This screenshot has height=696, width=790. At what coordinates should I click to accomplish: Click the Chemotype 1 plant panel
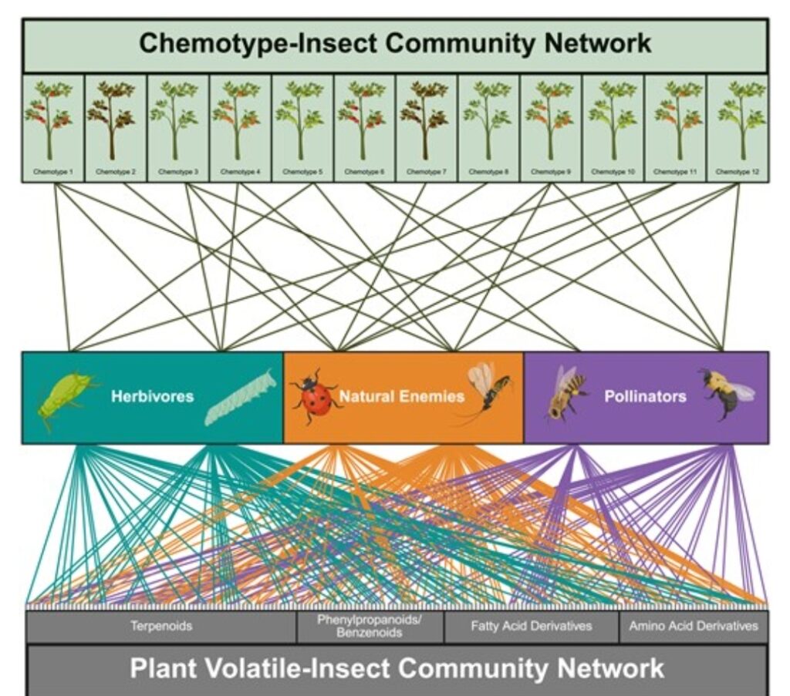pos(52,127)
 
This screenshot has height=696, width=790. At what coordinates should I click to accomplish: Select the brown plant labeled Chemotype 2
pos(115,127)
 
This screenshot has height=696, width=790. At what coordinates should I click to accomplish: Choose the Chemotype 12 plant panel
pos(738,127)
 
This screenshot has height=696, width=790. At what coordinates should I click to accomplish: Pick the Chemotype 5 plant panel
pos(302,127)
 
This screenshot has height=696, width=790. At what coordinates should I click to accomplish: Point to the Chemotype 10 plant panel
pos(613,127)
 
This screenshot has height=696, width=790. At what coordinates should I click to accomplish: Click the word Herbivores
pos(152,397)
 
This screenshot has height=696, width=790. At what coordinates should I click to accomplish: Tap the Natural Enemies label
pos(402,397)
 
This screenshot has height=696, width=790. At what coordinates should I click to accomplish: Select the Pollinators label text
pos(645,397)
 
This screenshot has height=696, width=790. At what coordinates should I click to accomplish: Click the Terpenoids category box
pos(161,627)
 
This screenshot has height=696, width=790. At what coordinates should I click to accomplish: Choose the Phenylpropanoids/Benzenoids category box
pos(370,627)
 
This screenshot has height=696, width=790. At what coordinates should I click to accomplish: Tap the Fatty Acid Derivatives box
pos(531,627)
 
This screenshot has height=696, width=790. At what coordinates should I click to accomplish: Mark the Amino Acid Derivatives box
pos(694,627)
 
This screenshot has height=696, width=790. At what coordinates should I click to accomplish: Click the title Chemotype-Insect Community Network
pos(395,44)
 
